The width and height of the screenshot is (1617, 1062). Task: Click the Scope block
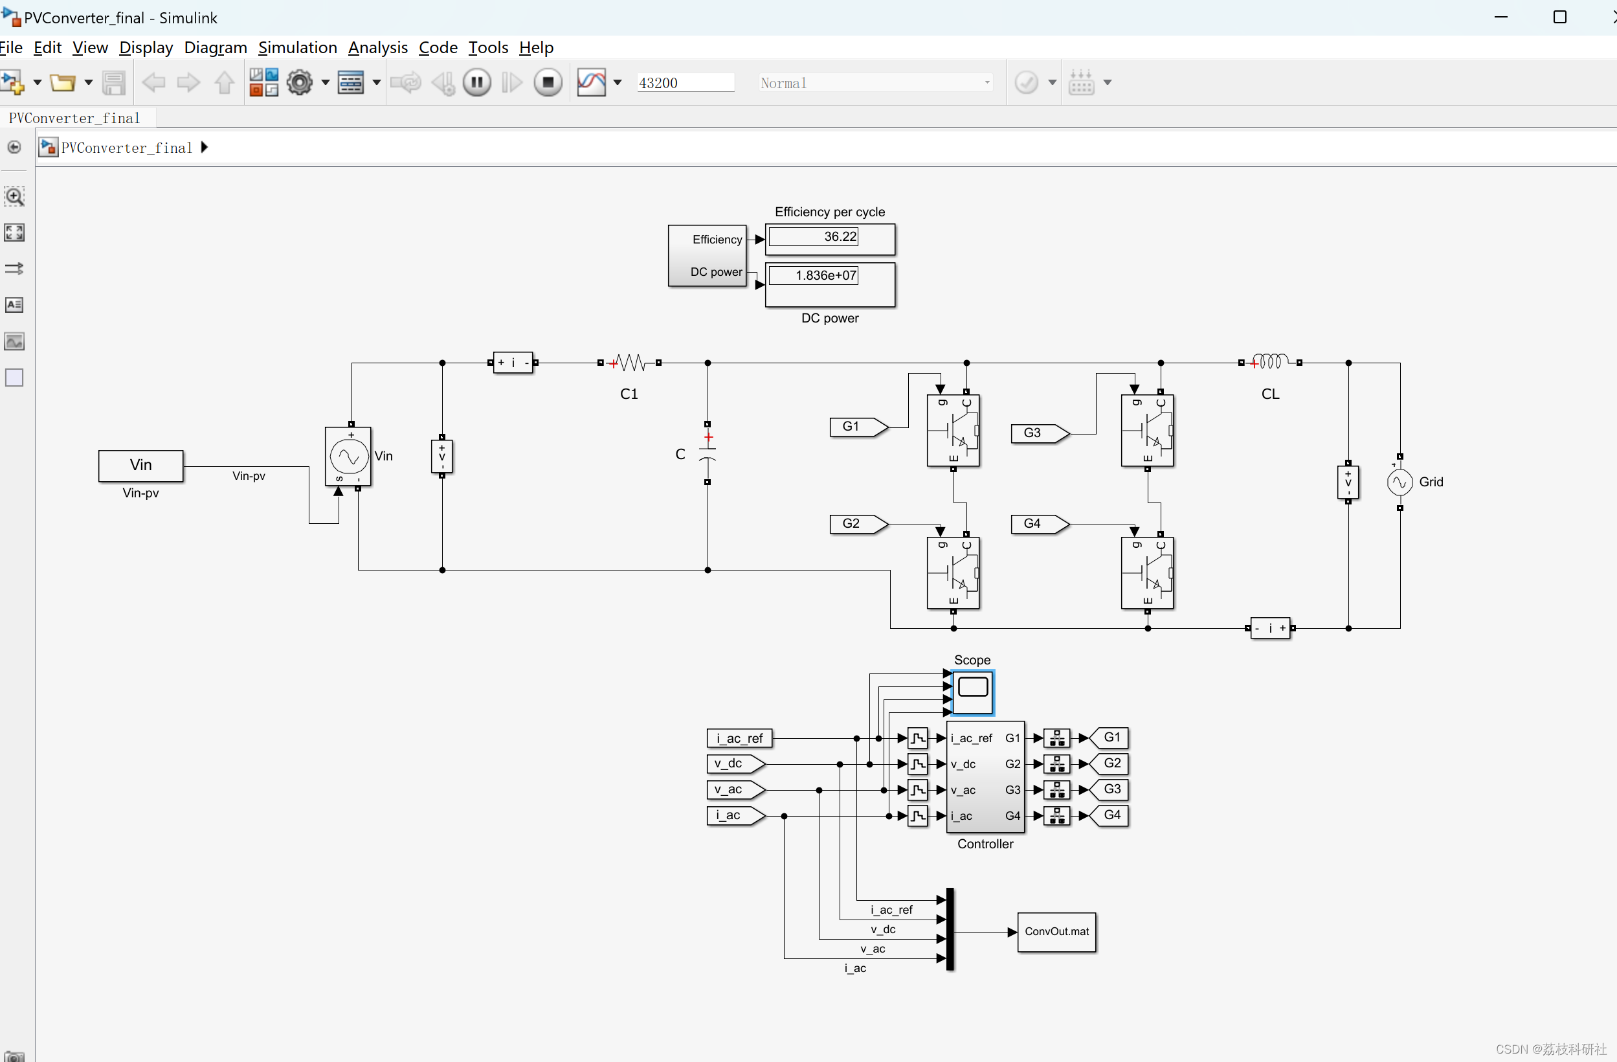click(972, 692)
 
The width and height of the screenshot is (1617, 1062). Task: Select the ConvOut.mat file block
click(1056, 932)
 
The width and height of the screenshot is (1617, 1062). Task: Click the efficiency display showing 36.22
click(830, 238)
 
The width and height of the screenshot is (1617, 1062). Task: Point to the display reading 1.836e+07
click(830, 284)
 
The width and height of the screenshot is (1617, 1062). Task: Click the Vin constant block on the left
click(140, 466)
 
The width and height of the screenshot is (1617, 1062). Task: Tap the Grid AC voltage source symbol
click(1399, 482)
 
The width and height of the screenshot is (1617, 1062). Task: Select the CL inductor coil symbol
click(1269, 362)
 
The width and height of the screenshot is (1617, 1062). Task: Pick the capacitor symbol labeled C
click(708, 453)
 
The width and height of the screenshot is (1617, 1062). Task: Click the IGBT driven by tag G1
click(953, 430)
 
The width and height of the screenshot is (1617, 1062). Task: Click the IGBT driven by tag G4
click(1147, 573)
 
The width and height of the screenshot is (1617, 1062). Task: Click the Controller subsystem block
click(985, 776)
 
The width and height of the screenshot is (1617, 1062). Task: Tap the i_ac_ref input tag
click(739, 738)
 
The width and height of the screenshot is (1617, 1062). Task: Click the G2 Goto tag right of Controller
click(1110, 763)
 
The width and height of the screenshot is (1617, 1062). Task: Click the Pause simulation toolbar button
click(477, 83)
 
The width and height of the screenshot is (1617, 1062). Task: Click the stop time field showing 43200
click(685, 83)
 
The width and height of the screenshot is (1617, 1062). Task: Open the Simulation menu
click(297, 47)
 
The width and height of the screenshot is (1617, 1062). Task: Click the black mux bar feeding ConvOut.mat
click(950, 929)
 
